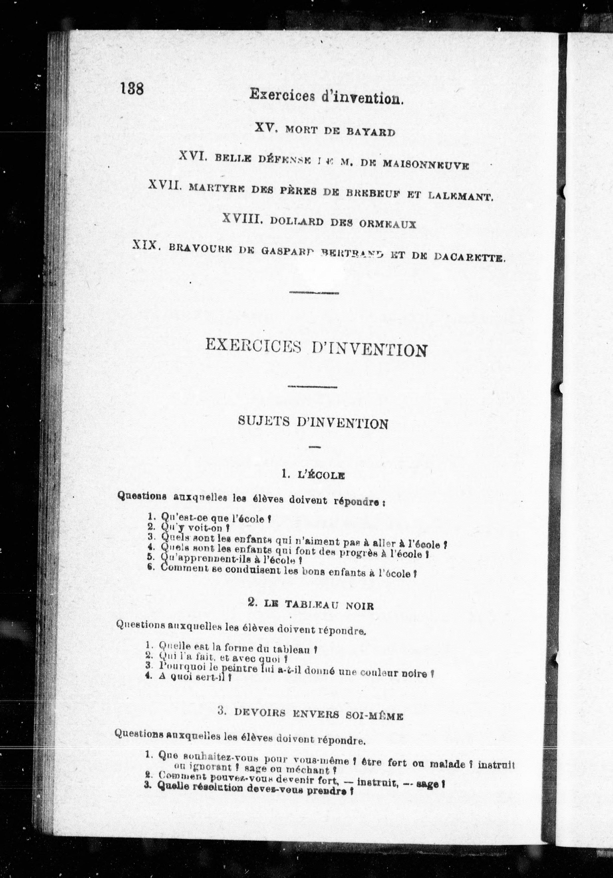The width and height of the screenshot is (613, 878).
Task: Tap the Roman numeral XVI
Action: tap(193, 156)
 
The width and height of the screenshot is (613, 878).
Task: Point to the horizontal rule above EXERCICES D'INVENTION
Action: tap(314, 293)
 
